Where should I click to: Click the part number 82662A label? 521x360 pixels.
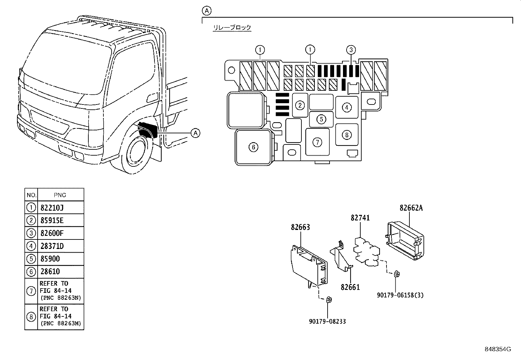click(411, 208)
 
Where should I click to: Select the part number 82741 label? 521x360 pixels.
click(360, 218)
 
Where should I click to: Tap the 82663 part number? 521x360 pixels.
click(300, 227)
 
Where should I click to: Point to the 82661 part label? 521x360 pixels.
click(350, 287)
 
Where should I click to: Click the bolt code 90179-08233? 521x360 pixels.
click(327, 321)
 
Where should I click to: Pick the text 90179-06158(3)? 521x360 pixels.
click(400, 295)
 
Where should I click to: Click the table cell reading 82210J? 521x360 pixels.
click(61, 207)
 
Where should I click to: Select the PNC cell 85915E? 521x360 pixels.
click(61, 220)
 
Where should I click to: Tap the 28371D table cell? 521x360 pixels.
click(61, 246)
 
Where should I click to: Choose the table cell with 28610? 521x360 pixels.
click(61, 272)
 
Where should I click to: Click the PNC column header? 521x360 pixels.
click(60, 195)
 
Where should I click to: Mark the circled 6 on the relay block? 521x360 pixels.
click(253, 147)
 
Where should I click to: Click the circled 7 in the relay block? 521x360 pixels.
click(317, 142)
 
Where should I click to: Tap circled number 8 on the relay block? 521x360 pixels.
click(347, 135)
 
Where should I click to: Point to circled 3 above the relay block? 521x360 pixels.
click(351, 49)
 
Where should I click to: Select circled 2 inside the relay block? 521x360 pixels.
click(300, 105)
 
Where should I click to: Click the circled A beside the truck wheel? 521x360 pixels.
click(195, 133)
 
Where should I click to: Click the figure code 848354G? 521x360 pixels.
click(498, 349)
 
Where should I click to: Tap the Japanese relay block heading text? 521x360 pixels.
click(232, 28)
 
